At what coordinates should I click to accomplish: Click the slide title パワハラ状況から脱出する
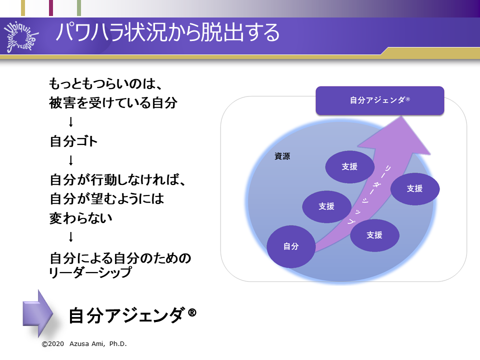point(167,33)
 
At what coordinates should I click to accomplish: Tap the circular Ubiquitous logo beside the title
point(23,36)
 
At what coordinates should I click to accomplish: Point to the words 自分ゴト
point(73,141)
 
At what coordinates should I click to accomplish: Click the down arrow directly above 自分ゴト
point(70,122)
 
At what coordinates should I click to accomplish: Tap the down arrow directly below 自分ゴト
point(70,160)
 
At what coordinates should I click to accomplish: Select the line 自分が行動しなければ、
point(118,179)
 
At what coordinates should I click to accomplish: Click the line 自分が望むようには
point(106,198)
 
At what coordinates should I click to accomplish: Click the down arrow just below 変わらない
point(70,236)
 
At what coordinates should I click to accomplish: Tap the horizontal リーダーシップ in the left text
point(90,272)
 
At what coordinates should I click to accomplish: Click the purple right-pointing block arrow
point(38,313)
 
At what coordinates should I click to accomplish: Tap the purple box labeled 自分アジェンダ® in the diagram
point(379,100)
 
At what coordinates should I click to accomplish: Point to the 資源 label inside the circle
point(282,156)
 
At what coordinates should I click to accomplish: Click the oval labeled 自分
point(290,246)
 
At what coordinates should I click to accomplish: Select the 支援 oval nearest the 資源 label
point(349,167)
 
